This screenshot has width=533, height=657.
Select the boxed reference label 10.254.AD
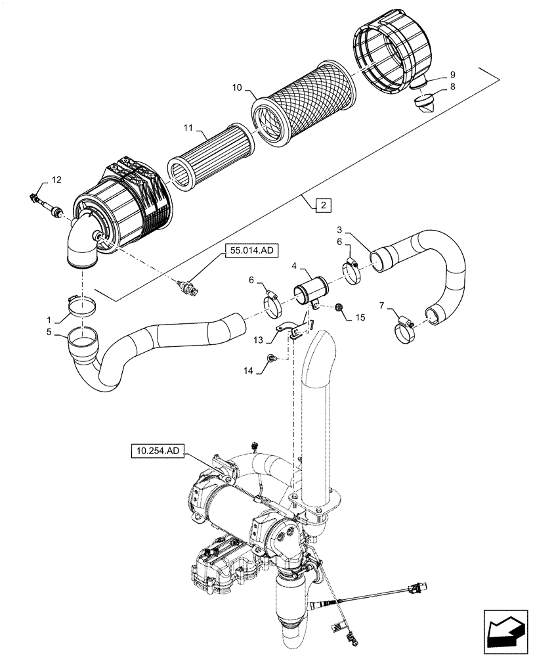pos(158,450)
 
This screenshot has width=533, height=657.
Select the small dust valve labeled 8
pos(427,104)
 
